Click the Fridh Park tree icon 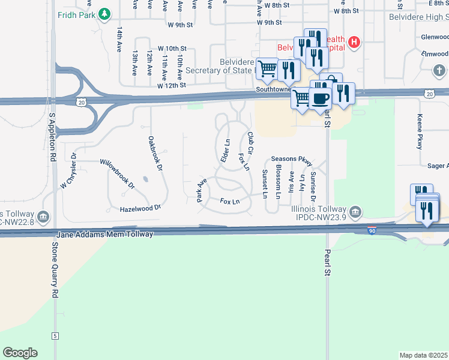[104, 13]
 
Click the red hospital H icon [355, 42]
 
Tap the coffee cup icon [321, 98]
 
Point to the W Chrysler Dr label [69, 173]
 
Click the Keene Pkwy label [420, 132]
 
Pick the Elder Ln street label [225, 151]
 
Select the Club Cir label [251, 143]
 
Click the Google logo [20, 353]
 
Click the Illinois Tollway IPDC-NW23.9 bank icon [355, 212]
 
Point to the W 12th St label [171, 86]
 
